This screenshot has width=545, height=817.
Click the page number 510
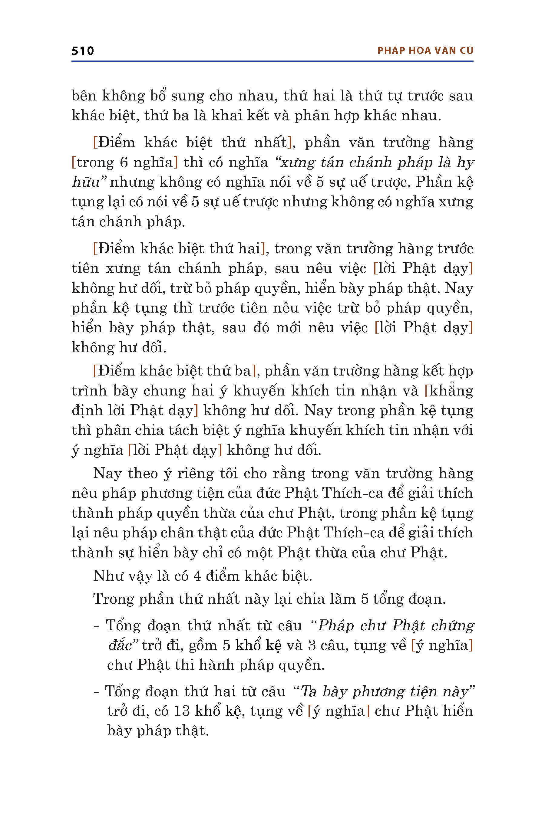(x=83, y=51)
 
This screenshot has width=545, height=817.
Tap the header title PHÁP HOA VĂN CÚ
(x=425, y=51)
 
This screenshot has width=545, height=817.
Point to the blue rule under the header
(x=272, y=61)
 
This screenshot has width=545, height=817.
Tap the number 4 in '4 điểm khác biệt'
(x=197, y=576)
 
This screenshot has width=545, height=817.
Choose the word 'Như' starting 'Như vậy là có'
(x=105, y=576)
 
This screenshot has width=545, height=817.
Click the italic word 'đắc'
(x=120, y=646)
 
